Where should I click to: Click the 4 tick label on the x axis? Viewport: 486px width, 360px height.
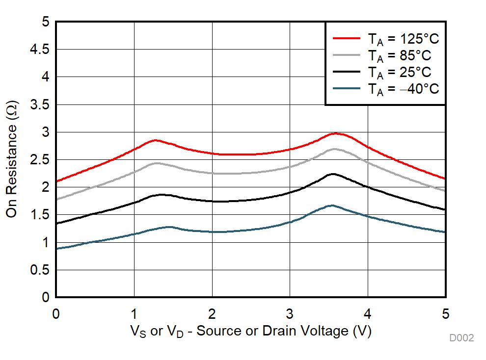368,313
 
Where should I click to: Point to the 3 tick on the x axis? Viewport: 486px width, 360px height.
290,313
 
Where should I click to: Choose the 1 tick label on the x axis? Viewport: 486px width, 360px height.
134,313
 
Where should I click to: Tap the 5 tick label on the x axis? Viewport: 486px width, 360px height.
445,313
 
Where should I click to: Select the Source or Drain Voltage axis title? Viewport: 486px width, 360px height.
251,331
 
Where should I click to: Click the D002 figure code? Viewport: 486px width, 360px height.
461,338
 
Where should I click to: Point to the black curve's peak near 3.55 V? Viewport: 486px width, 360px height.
333,174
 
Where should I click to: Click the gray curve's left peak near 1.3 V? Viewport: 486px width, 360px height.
157,163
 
